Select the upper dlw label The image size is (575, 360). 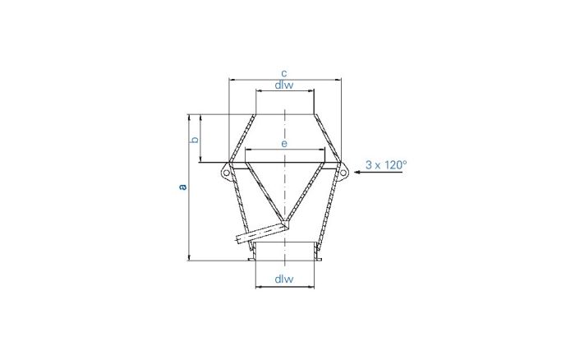[284, 85]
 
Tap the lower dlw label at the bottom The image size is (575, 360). [284, 279]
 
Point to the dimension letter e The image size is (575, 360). [284, 144]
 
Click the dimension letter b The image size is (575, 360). [195, 140]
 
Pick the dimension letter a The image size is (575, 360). [183, 187]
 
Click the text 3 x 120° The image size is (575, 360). [385, 164]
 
